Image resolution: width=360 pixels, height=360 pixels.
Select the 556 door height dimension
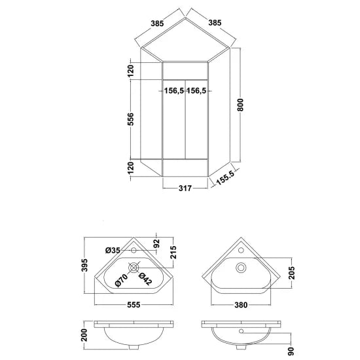[130, 118]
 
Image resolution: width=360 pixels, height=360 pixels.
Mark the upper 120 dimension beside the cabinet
[130, 69]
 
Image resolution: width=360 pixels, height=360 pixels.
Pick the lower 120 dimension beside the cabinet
[130, 168]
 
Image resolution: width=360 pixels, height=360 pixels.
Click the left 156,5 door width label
[173, 91]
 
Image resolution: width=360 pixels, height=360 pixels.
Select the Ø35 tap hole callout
[112, 249]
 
